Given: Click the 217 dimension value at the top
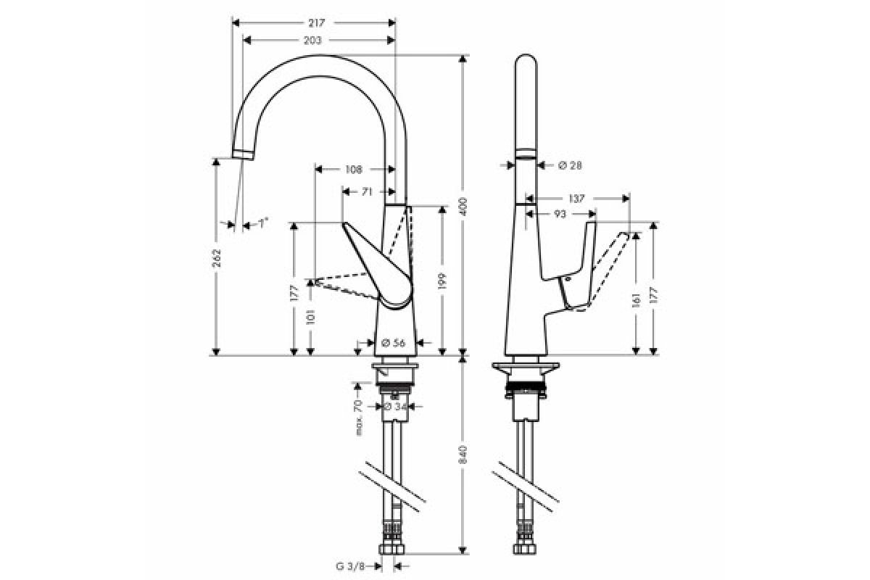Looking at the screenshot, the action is [x=317, y=23].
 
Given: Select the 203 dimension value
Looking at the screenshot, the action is [x=312, y=41].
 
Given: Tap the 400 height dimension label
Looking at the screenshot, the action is [x=463, y=207].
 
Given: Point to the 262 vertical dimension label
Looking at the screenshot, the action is [x=216, y=257].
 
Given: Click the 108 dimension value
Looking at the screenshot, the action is [x=354, y=170].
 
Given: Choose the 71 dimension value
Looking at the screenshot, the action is [x=367, y=191].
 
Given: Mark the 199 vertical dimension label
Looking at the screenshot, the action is [x=442, y=281].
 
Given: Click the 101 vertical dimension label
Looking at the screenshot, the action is [x=310, y=317].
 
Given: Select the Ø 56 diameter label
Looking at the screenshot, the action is [x=393, y=343].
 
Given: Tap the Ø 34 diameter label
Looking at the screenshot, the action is [x=395, y=406].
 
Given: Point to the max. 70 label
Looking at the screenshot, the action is [x=358, y=417].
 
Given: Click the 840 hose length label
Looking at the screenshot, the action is [x=463, y=455].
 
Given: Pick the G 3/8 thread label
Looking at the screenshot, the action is [x=350, y=566].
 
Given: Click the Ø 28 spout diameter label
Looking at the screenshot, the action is [x=570, y=165].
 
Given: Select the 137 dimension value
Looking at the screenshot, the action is [x=576, y=199].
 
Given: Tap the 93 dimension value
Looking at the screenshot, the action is [x=560, y=214].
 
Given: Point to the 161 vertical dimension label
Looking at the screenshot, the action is [x=636, y=300].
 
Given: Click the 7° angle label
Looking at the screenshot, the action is [x=263, y=223].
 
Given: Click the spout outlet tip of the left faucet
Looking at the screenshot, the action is [x=243, y=154].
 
